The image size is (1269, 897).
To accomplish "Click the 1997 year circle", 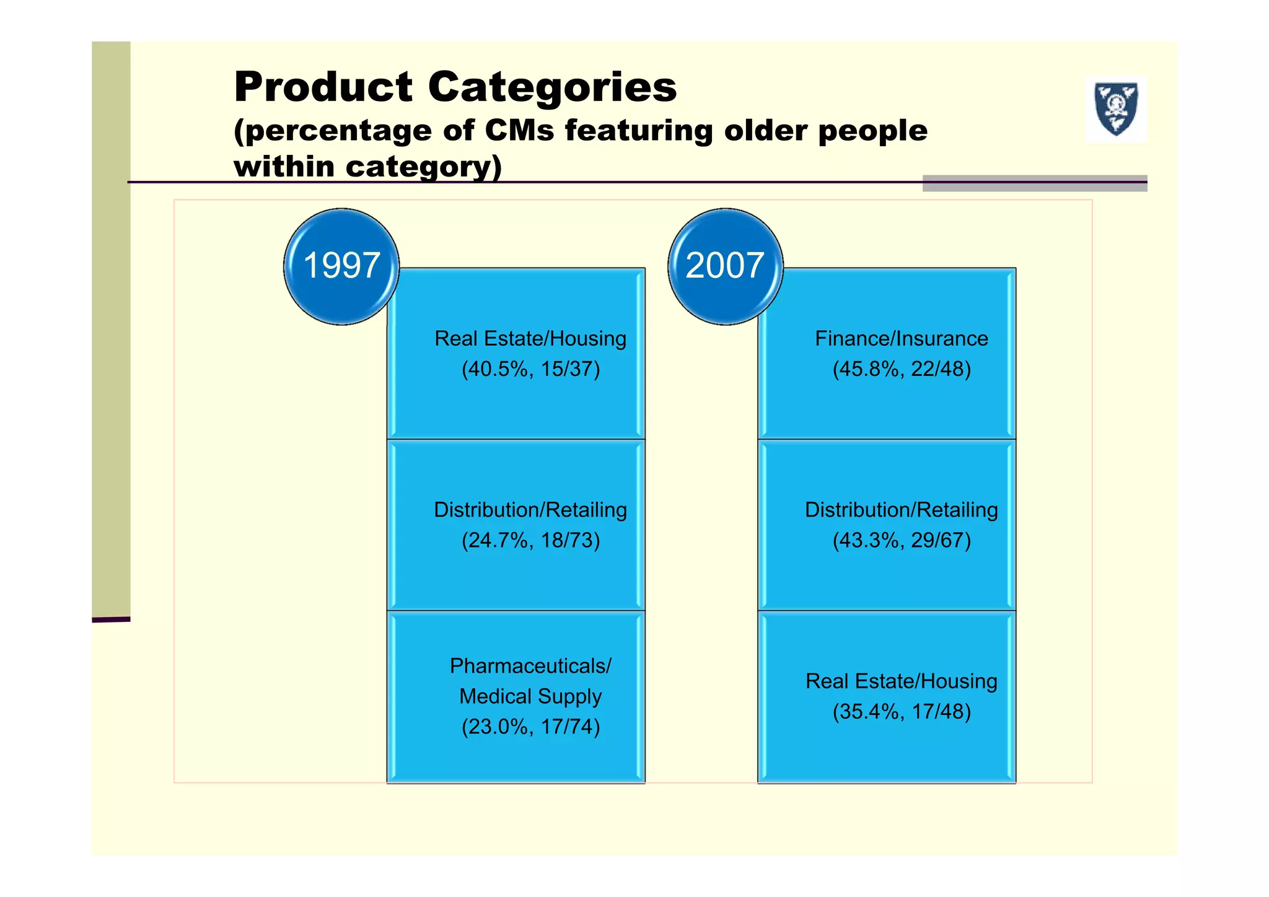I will (x=341, y=266).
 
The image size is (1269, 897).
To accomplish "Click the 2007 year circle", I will (x=725, y=266).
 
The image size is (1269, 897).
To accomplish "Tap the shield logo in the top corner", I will (x=1116, y=109).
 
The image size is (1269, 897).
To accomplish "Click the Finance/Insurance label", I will (x=901, y=339).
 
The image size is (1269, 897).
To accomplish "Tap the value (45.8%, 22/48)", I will (x=901, y=369).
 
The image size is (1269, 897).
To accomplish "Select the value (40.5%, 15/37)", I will (x=530, y=369).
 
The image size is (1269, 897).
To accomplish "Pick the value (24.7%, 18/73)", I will (x=530, y=540).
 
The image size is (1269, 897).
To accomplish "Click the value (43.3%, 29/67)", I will (x=901, y=540).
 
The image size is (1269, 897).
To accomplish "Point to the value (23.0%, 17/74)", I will (x=530, y=726).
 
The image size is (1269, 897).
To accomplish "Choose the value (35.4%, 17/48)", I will (x=901, y=711).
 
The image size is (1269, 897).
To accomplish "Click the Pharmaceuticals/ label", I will (x=530, y=666).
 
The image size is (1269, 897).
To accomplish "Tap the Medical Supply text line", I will (x=530, y=696).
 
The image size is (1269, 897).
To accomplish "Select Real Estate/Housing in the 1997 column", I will (x=530, y=339).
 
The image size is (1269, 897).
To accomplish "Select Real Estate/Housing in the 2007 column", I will (x=901, y=681).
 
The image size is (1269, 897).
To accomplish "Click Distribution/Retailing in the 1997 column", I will (x=530, y=510).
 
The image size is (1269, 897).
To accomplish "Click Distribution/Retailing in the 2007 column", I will (x=901, y=510).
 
